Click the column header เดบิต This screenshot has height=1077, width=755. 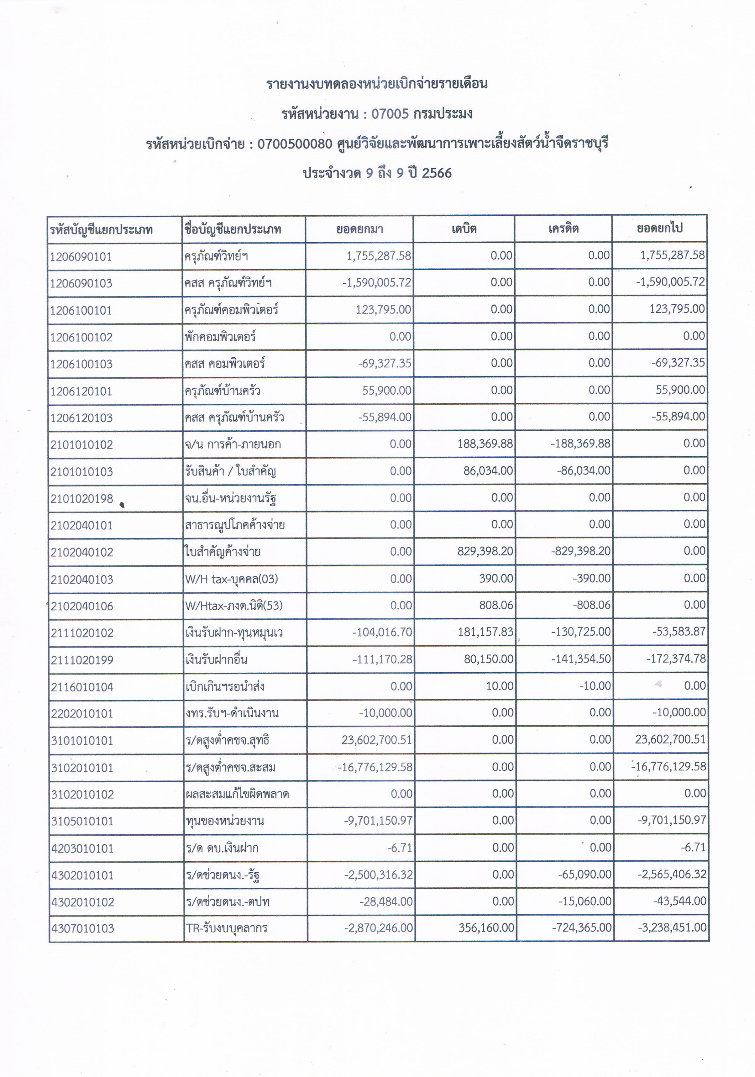pyautogui.click(x=464, y=229)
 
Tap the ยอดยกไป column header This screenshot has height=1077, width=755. pyautogui.click(x=659, y=229)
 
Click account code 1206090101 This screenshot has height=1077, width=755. pyautogui.click(x=81, y=257)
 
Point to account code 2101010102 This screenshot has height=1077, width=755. pyautogui.click(x=81, y=445)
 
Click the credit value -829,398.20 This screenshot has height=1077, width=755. pyautogui.click(x=581, y=551)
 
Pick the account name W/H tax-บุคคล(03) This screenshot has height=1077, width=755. pyautogui.click(x=231, y=579)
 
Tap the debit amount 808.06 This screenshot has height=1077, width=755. pyautogui.click(x=496, y=606)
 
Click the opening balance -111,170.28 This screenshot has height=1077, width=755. pyautogui.click(x=382, y=659)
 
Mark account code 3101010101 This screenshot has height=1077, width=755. pyautogui.click(x=82, y=741)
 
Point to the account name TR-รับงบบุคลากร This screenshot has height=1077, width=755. pyautogui.click(x=227, y=928)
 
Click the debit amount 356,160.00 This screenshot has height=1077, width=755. pyautogui.click(x=486, y=928)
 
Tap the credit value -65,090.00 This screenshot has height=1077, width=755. pyautogui.click(x=585, y=875)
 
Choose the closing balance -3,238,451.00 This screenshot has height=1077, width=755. pyautogui.click(x=672, y=928)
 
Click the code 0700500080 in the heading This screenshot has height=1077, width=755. pyautogui.click(x=295, y=144)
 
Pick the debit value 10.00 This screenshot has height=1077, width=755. pyautogui.click(x=500, y=686)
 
